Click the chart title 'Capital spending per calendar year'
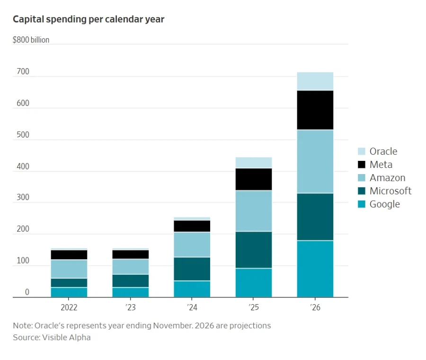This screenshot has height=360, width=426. (x=89, y=19)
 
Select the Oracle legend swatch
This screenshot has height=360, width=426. (x=362, y=151)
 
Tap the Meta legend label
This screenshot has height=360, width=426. (x=381, y=165)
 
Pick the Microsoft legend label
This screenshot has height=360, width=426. (x=390, y=191)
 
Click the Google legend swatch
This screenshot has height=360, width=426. (x=362, y=204)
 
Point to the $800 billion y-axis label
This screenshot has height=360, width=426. (x=31, y=40)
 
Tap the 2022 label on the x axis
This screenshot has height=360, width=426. (x=69, y=307)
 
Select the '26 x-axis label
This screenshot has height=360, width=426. (x=315, y=307)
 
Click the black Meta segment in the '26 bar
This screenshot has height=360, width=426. (x=315, y=110)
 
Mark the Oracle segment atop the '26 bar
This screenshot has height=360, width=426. (x=315, y=81)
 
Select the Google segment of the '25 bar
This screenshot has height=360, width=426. (x=254, y=282)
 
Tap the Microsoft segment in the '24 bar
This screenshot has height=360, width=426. (x=192, y=269)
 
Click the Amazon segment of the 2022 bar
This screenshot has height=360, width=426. (x=69, y=269)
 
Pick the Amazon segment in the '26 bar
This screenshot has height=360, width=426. (x=315, y=161)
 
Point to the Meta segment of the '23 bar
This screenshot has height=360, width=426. (x=131, y=255)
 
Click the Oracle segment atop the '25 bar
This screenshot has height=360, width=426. (x=254, y=163)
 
